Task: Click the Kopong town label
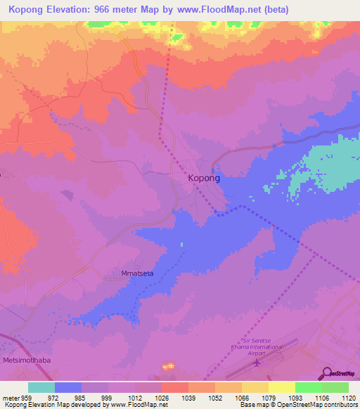coord(205,178)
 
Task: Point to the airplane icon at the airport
coord(256,363)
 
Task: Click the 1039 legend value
coord(188,398)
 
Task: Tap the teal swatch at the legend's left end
coord(41,387)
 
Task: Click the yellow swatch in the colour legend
coord(281,387)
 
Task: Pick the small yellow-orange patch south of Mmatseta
coord(168,366)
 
